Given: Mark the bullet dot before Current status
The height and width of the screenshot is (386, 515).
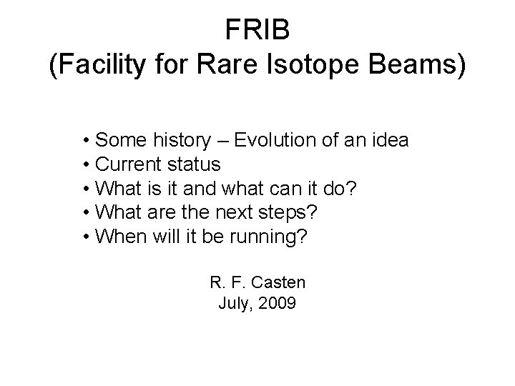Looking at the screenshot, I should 85,165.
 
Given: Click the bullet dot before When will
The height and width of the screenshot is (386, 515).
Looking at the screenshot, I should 85,237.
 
